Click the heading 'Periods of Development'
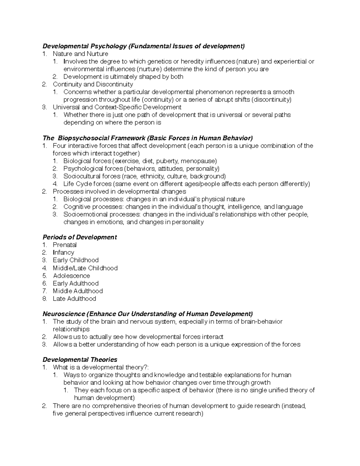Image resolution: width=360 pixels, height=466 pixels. point(79,237)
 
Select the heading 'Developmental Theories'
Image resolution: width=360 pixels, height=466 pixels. point(80,359)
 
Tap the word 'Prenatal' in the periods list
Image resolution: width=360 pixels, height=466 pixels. point(65,245)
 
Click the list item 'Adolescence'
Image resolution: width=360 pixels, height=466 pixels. point(71,275)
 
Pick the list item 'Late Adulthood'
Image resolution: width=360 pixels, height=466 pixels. point(74,299)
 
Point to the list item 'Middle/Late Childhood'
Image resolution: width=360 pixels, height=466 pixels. point(85,268)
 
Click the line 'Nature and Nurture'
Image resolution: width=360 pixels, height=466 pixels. point(80,54)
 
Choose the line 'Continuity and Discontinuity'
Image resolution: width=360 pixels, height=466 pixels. point(93,84)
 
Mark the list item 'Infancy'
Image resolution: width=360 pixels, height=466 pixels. point(63,252)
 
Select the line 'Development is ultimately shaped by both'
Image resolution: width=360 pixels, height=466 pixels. point(123,77)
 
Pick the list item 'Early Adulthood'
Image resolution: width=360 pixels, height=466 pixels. point(76,283)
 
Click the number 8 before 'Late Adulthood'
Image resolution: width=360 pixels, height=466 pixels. point(44,299)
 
